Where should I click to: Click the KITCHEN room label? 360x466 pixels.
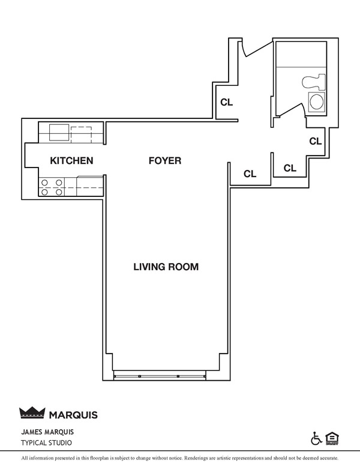(71, 160)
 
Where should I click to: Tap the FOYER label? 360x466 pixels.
(164, 160)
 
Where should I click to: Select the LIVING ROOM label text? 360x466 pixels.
(166, 266)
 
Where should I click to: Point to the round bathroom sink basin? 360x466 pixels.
(316, 101)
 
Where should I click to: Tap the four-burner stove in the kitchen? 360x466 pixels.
(51, 187)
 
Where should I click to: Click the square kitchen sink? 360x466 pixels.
(59, 131)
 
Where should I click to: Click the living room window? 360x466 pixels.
(159, 377)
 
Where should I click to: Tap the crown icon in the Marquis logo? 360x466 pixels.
(32, 413)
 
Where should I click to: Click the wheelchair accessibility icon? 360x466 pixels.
(316, 438)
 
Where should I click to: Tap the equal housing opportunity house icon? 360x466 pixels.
(331, 438)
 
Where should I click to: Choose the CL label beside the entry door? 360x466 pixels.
(226, 102)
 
